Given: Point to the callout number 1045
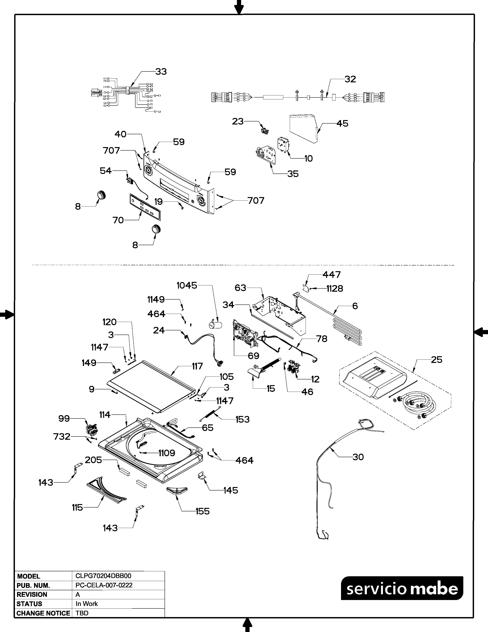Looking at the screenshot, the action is tap(187, 286).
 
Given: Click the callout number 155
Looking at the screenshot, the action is tap(202, 511).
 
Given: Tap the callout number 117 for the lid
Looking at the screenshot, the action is tap(197, 366).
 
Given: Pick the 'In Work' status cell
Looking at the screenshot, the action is tap(87, 604).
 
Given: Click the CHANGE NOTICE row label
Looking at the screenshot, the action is tap(43, 613).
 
